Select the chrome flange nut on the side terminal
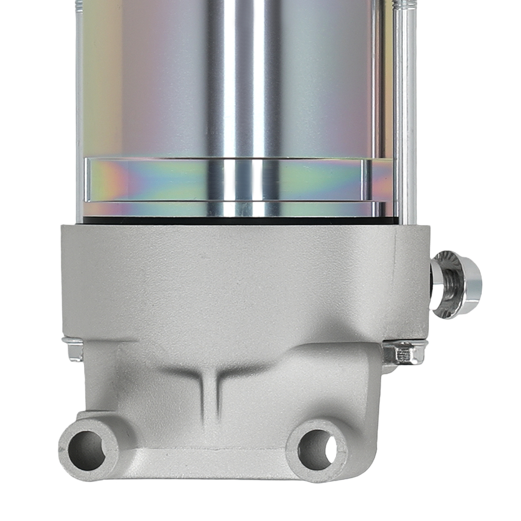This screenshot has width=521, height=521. point(456,284)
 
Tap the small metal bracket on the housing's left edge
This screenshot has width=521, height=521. point(73,349)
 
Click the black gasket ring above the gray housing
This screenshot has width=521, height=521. point(234,220)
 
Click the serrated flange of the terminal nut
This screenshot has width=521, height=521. point(443,284)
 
